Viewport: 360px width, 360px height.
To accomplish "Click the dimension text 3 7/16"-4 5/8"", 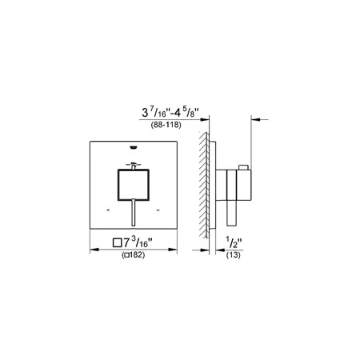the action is click(170, 113).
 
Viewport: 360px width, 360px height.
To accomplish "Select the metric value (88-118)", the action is click(166, 125).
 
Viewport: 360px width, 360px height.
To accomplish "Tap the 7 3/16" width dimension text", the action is click(133, 242).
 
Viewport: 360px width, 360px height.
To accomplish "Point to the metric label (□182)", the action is click(134, 255).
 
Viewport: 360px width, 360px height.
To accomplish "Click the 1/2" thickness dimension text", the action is click(234, 242).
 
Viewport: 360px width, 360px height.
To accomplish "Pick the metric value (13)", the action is click(234, 255).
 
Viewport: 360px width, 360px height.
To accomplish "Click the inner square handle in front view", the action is click(134, 185).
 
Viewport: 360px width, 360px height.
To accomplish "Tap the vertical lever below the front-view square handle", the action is click(134, 213).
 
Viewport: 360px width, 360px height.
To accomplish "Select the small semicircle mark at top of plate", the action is click(134, 147).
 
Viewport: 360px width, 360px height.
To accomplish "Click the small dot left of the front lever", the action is click(108, 210).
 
